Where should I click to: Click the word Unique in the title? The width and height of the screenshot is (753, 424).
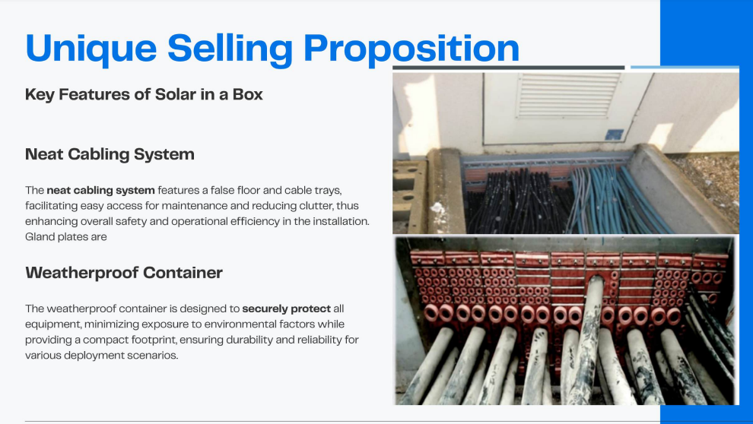91,49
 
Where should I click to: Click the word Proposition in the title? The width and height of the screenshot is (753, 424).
411,49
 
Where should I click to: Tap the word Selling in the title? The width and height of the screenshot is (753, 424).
230,49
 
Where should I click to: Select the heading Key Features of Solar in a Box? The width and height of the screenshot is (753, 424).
144,94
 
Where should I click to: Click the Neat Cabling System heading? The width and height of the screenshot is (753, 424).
110,154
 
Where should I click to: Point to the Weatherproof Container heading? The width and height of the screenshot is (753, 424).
124,273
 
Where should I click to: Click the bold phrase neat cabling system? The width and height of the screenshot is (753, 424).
101,191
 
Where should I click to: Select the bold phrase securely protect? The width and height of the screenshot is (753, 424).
287,309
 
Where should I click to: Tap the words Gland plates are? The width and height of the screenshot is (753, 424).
65,237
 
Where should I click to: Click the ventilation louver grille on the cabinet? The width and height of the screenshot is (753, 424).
568,95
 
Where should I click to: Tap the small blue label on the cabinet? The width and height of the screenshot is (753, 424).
615,134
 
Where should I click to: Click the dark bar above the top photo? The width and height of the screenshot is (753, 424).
509,68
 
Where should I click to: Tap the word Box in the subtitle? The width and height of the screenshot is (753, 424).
248,94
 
